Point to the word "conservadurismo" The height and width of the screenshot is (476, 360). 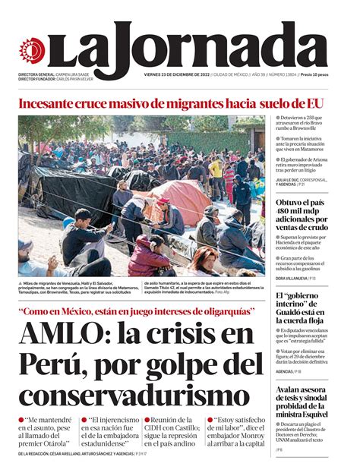click(129, 396)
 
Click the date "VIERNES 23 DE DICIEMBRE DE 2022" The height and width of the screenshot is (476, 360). click(176, 74)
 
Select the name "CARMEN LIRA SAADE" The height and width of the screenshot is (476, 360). click(79, 74)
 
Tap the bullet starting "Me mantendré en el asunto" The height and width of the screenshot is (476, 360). click(46, 430)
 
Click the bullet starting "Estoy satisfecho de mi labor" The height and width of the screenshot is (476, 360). click(235, 430)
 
